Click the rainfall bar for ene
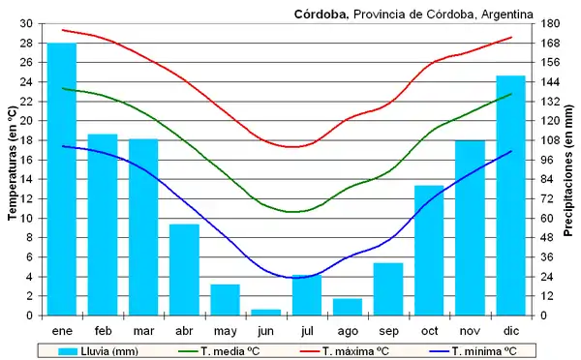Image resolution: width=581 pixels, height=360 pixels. coord(62,179)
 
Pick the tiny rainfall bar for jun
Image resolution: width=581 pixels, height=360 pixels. coord(265,312)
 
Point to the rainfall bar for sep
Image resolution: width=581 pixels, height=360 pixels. coord(388,288)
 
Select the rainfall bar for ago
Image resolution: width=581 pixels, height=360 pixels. coord(347,306)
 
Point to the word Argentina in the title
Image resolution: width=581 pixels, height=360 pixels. coord(504,14)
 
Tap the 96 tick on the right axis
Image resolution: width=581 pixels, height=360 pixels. coord(548,160)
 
